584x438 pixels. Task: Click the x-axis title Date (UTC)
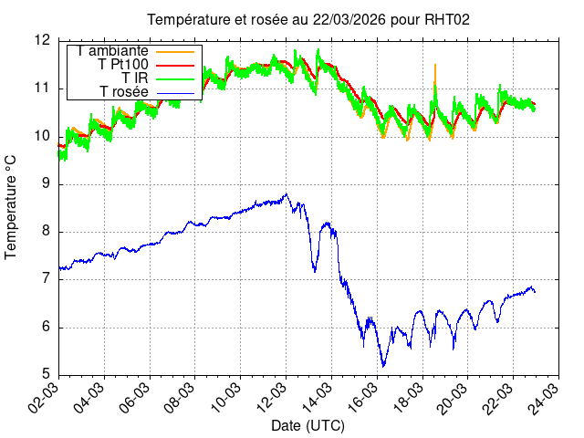308,426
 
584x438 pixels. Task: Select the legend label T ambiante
113,51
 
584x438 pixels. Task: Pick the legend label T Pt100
123,65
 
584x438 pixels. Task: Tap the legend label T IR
135,78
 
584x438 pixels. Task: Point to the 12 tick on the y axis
42,40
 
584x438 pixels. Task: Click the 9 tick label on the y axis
47,184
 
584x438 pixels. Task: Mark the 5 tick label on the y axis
47,375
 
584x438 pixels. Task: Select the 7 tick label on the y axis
47,280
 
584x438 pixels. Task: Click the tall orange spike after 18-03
435,66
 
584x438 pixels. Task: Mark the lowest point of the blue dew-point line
383,366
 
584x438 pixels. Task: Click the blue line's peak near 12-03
287,193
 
